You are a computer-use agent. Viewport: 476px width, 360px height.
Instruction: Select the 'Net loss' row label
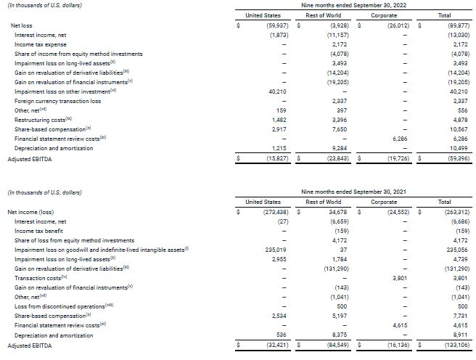[21, 25]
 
